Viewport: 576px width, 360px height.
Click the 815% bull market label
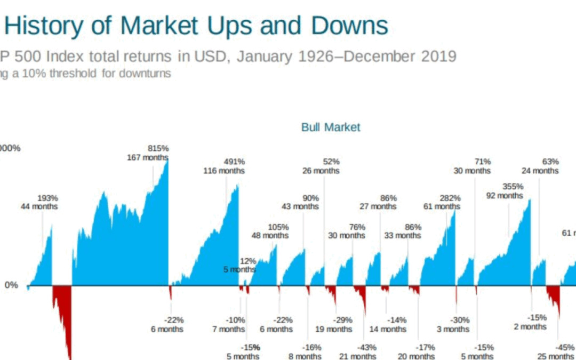(x=158, y=148)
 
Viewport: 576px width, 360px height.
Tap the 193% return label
(x=47, y=197)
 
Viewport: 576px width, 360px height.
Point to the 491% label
(x=234, y=162)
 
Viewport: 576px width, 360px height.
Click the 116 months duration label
(x=224, y=171)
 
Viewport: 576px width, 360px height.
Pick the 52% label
(x=331, y=162)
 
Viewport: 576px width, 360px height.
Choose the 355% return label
(x=513, y=187)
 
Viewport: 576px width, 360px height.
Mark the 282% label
(x=450, y=198)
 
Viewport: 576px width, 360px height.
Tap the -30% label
(x=459, y=320)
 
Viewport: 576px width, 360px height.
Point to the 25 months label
(x=555, y=356)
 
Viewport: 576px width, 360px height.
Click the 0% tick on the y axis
(x=11, y=285)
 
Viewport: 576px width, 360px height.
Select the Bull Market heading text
(x=331, y=127)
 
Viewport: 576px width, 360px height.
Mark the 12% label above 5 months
(x=247, y=261)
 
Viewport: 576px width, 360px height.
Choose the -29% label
(x=342, y=320)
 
